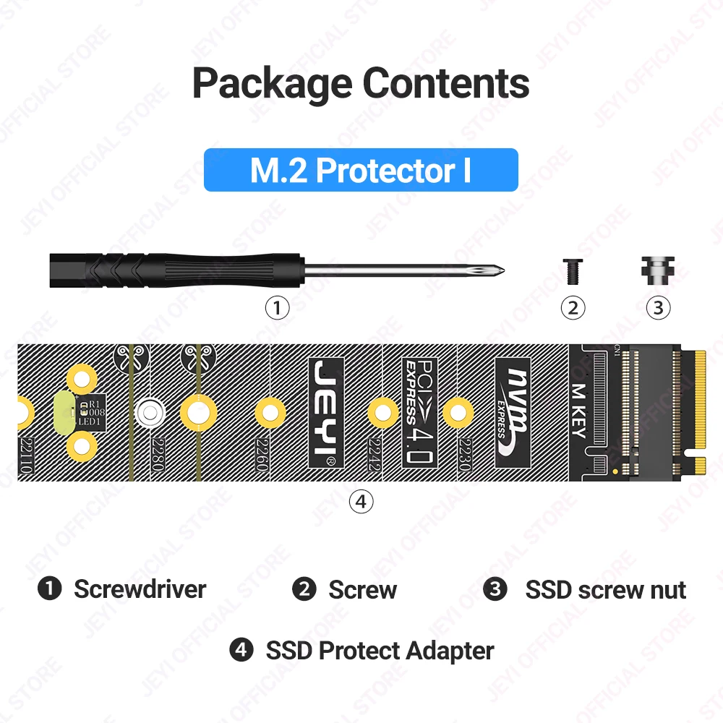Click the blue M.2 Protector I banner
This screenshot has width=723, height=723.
click(361, 170)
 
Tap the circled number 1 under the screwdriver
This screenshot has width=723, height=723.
click(277, 308)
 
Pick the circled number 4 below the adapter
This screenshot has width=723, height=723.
click(361, 501)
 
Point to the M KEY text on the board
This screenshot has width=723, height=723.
click(578, 412)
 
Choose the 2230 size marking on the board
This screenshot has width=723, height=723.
click(463, 455)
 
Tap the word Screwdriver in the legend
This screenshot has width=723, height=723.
click(140, 589)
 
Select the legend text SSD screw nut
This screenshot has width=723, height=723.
click(605, 589)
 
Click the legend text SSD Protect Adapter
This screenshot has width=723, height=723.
click(380, 651)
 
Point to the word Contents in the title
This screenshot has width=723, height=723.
click(446, 83)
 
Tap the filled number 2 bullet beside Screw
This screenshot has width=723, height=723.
click(304, 589)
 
